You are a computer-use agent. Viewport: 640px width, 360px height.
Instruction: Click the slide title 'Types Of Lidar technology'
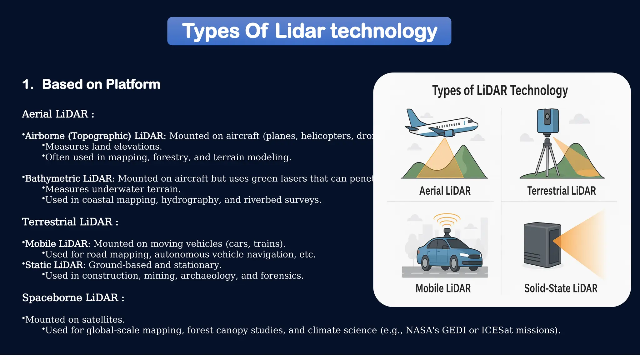[x=309, y=31]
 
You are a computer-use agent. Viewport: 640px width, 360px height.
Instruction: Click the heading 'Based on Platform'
[x=101, y=84]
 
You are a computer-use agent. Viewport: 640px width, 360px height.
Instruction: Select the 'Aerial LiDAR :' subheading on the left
[x=58, y=114]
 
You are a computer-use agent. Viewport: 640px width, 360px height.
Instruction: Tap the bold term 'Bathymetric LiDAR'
[x=68, y=178]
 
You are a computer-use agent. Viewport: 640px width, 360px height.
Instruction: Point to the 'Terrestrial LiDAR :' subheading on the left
[x=70, y=222]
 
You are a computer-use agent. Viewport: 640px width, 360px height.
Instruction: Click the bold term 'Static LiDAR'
[x=54, y=265]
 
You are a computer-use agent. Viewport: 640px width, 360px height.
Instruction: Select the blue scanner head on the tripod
[x=547, y=121]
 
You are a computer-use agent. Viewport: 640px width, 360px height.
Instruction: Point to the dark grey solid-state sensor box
[x=542, y=245]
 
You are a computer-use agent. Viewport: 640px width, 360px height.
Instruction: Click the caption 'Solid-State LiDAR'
[x=561, y=288]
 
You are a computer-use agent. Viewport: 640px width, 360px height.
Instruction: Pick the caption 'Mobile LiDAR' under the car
[x=443, y=288]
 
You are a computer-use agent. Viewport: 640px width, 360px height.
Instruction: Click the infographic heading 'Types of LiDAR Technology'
[x=500, y=91]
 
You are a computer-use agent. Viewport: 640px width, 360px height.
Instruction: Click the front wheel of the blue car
[x=455, y=264]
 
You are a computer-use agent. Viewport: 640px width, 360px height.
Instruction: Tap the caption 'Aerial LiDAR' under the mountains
[x=445, y=191]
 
